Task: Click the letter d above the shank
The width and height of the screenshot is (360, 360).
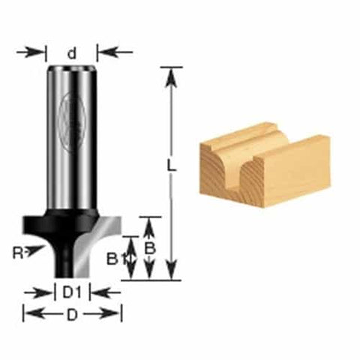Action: click(72, 53)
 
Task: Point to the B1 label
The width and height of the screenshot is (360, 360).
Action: click(113, 259)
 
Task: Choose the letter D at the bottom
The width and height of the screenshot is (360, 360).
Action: click(72, 315)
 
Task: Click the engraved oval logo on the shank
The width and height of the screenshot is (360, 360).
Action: click(73, 120)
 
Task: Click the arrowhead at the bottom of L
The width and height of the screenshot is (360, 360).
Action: click(172, 273)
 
